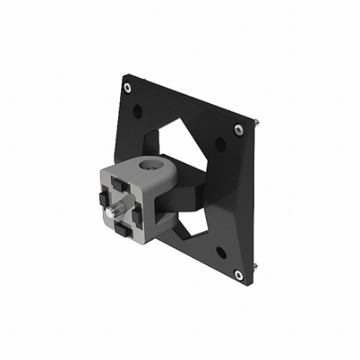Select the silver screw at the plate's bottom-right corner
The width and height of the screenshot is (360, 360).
[237, 274]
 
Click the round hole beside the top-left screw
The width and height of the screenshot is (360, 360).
[138, 111]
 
